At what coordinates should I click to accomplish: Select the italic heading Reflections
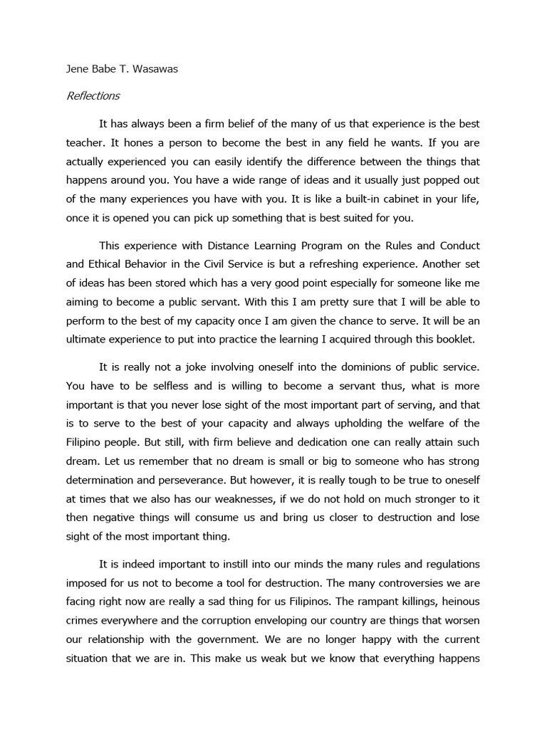pyautogui.click(x=93, y=95)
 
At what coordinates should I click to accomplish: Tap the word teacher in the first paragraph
pyautogui.click(x=85, y=142)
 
